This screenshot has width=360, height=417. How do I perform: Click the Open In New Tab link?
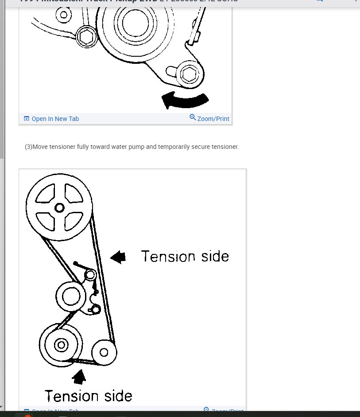tap(55, 119)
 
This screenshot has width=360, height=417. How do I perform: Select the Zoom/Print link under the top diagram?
tap(213, 119)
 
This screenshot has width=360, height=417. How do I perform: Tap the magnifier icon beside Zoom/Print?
tap(193, 117)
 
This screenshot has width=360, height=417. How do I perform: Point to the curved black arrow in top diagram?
tap(185, 100)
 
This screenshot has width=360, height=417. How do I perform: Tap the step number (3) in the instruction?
tap(28, 147)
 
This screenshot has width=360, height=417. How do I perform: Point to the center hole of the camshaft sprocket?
tap(59, 207)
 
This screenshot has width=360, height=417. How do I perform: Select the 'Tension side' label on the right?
tap(185, 257)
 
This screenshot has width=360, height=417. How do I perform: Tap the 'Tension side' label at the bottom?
tap(88, 396)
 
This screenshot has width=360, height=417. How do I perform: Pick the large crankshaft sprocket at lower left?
tap(61, 345)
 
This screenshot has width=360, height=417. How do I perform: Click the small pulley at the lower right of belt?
tap(104, 352)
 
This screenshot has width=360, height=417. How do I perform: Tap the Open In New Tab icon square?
tap(26, 119)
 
